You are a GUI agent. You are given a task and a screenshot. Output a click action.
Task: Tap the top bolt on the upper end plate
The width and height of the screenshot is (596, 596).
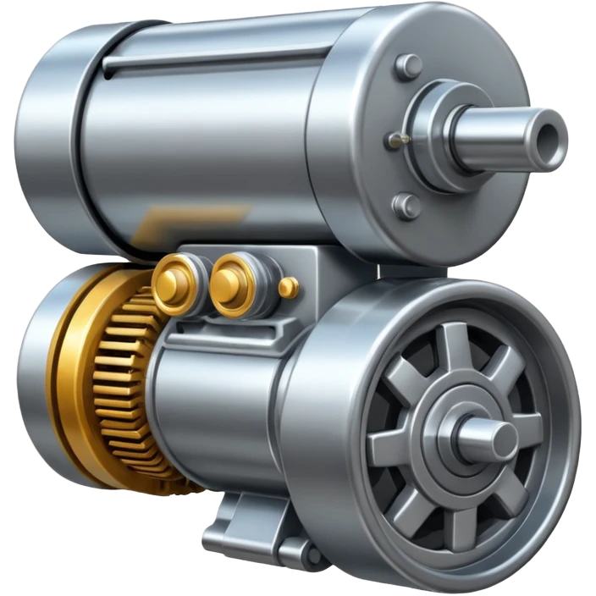[409, 65]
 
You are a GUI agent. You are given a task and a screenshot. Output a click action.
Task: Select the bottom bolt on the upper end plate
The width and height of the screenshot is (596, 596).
[407, 205]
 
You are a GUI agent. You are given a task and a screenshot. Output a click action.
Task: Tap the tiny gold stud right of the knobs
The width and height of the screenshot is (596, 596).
[289, 287]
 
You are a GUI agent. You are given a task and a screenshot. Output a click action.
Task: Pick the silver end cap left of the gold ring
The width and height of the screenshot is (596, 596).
[30, 372]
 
